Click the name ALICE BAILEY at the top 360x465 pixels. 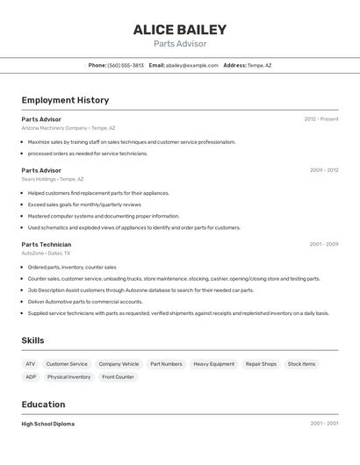click(180, 30)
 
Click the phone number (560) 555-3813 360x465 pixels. click(126, 65)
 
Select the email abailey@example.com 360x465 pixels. click(192, 65)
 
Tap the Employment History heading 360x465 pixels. click(65, 100)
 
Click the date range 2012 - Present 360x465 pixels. click(320, 118)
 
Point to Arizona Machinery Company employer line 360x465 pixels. click(68, 127)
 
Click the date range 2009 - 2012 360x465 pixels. click(323, 170)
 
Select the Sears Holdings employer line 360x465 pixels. click(53, 179)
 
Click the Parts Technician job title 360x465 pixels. click(47, 244)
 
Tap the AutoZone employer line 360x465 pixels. click(46, 253)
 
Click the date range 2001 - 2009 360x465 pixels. click(323, 244)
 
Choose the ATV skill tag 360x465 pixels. click(31, 363)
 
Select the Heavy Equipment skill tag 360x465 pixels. click(213, 363)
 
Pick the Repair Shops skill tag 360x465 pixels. click(261, 363)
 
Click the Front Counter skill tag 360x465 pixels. click(118, 376)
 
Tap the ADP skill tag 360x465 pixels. click(31, 376)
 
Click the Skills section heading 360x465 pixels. click(32, 340)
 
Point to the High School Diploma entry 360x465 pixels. click(48, 424)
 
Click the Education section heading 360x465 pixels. click(43, 404)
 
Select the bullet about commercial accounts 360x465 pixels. click(84, 301)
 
